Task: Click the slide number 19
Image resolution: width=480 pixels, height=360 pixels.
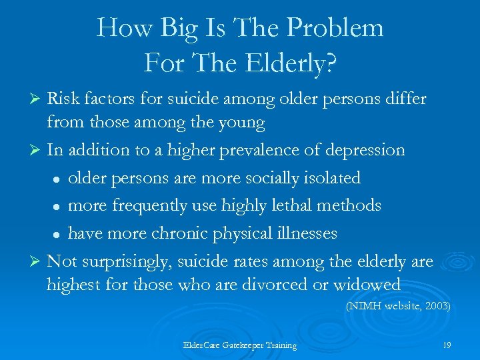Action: pyautogui.click(x=446, y=345)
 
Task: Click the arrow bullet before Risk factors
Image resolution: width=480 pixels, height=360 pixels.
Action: pyautogui.click(x=37, y=99)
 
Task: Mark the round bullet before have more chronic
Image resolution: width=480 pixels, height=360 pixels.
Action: pyautogui.click(x=59, y=234)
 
